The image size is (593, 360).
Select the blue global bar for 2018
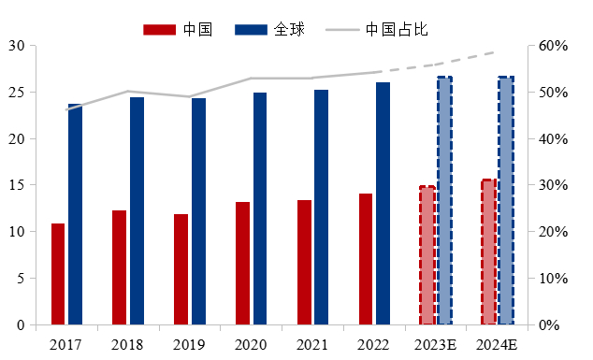[137, 210]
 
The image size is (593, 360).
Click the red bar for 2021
[304, 262]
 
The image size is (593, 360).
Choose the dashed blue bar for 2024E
[506, 200]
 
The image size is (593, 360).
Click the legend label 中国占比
[397, 29]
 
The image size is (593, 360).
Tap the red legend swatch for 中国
[159, 29]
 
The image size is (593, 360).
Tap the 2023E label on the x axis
[435, 345]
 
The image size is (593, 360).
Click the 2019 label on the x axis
[189, 345]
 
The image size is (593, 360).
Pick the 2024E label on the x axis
[497, 345]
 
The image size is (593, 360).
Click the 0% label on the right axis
[551, 324]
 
